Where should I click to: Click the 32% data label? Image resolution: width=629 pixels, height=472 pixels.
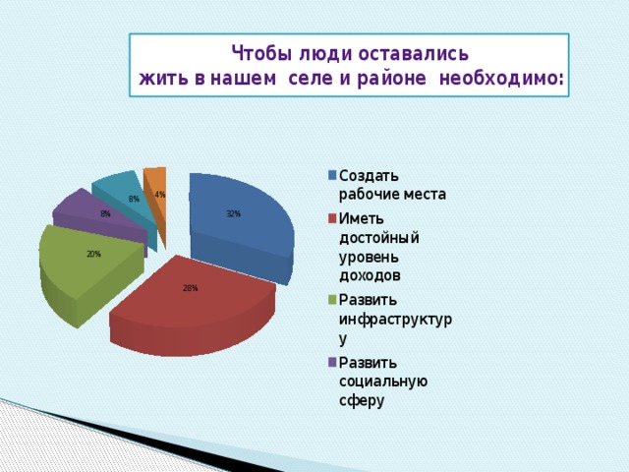[233, 214]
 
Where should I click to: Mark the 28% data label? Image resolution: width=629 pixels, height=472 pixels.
[190, 288]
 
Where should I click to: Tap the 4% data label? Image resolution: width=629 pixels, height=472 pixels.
[160, 195]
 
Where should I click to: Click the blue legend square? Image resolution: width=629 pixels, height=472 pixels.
[332, 175]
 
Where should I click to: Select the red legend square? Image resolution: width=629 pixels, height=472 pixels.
[332, 218]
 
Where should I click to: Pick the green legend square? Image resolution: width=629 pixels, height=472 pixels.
[332, 300]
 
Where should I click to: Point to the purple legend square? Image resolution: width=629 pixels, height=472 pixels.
[332, 363]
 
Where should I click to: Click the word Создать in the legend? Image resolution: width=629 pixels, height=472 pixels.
[370, 176]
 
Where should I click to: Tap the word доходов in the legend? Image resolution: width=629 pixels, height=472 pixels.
[370, 275]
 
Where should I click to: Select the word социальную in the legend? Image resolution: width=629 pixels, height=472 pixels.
[383, 382]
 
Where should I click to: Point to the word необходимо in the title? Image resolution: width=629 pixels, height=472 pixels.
[498, 78]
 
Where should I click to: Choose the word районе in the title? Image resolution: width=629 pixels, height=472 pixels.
[391, 79]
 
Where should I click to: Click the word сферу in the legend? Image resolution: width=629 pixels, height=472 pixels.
[362, 401]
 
